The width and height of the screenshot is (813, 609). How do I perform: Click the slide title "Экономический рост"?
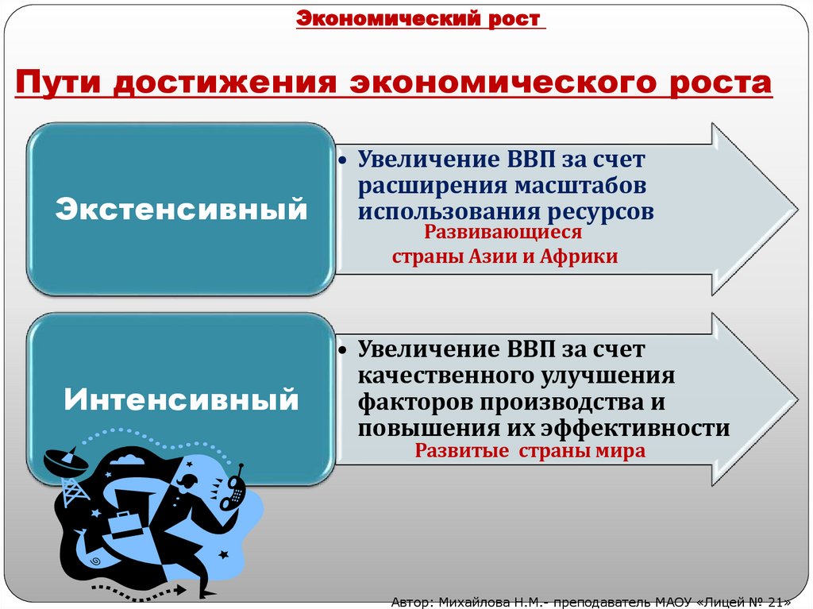pyautogui.click(x=420, y=18)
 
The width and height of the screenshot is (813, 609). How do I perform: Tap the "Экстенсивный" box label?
pyautogui.click(x=180, y=210)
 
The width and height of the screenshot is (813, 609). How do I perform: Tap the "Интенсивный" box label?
pyautogui.click(x=181, y=399)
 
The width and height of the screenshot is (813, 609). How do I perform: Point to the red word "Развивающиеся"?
pyautogui.click(x=503, y=233)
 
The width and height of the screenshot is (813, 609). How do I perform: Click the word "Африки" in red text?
pyautogui.click(x=577, y=256)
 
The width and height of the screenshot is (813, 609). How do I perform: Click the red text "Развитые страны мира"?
pyautogui.click(x=530, y=451)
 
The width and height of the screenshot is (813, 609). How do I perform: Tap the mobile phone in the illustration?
pyautogui.click(x=234, y=487)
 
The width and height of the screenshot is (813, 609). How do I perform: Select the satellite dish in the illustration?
pyautogui.click(x=60, y=461)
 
